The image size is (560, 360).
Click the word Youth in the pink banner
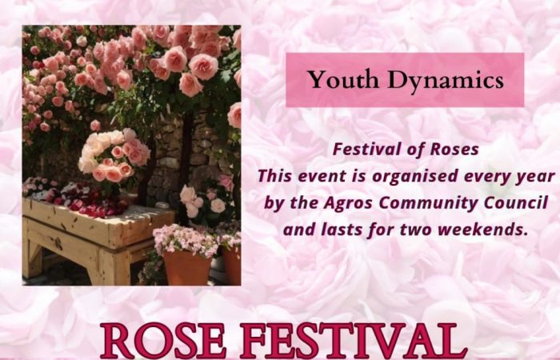pos(343,79)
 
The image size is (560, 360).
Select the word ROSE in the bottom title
pos(163,340)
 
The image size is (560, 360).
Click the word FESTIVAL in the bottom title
pos(349,340)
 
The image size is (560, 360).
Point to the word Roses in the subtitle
pos(454,150)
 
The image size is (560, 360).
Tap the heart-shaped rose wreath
pos(114,155)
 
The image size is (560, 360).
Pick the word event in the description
pos(322,177)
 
